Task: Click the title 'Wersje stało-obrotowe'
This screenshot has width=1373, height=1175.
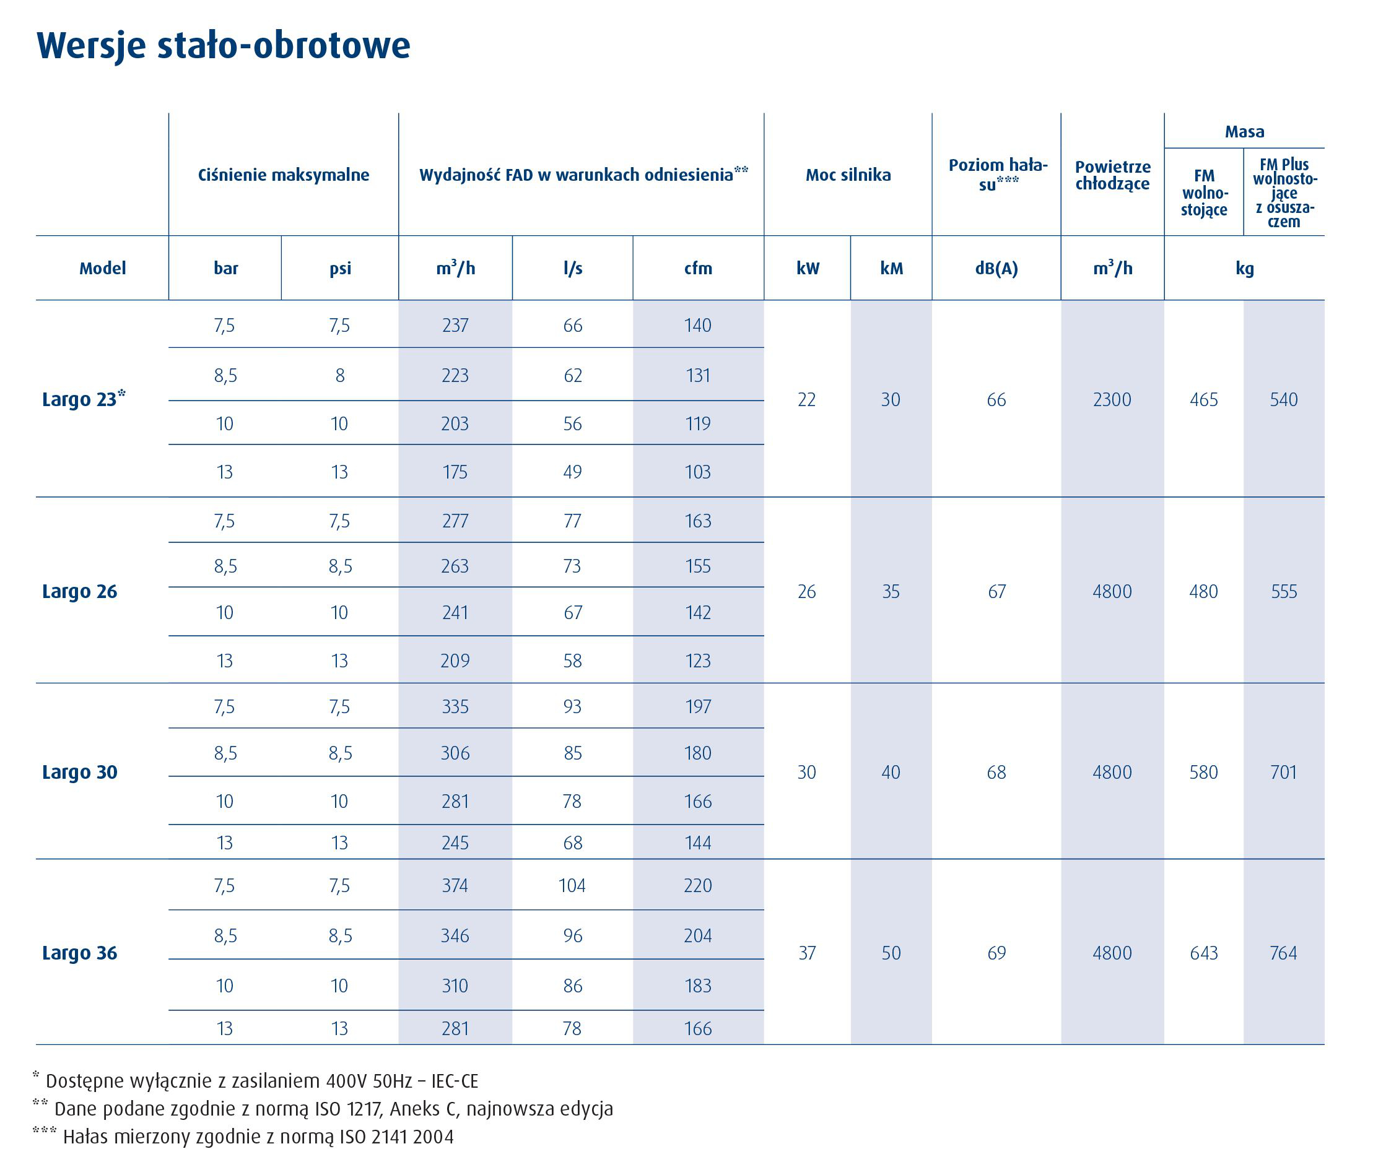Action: [x=224, y=46]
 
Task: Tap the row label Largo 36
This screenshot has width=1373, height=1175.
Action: [x=79, y=953]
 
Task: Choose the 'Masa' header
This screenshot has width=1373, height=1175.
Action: [x=1244, y=131]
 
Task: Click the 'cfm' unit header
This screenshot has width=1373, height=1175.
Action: [x=698, y=268]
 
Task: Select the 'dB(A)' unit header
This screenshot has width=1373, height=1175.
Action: [x=996, y=268]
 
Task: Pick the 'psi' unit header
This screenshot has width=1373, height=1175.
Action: [x=340, y=269]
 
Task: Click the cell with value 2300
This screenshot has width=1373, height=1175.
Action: [x=1112, y=399]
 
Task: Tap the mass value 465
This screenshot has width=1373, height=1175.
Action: [x=1204, y=399]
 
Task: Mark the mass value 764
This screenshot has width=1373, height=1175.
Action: [x=1284, y=953]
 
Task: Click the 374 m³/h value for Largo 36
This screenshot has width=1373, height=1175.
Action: [x=455, y=885]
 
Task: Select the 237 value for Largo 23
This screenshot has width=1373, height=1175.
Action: [x=455, y=325]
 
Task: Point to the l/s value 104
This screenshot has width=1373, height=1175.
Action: [x=572, y=885]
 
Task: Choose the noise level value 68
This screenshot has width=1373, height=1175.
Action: [x=996, y=773]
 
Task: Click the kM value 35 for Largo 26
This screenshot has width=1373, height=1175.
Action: [x=891, y=591]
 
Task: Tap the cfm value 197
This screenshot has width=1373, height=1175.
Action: [x=698, y=707]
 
